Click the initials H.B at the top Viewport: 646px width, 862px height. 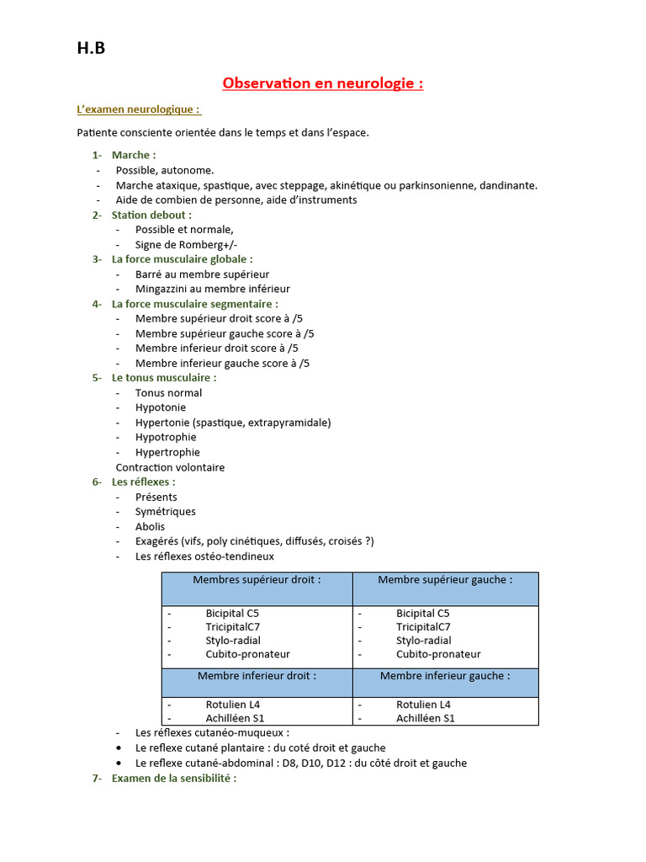coord(91,49)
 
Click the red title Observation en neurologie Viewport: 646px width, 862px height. coord(322,83)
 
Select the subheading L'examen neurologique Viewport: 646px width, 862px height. coord(138,110)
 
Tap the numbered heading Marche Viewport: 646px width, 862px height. coord(133,155)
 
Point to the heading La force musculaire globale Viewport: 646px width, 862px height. coord(182,259)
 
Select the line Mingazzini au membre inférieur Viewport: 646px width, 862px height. coord(212,289)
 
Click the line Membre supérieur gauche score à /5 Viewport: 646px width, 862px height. coord(225,333)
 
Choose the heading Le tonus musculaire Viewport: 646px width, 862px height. coord(163,378)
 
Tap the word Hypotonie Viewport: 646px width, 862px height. coord(161,407)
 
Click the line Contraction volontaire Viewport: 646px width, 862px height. coord(170,467)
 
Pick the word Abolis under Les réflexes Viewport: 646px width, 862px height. coord(150,527)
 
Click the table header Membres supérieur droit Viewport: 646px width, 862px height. coord(257,580)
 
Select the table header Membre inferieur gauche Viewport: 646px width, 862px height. coord(445,676)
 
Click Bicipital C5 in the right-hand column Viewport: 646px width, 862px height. coord(423,614)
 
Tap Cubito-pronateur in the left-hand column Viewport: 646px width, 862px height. coord(247,654)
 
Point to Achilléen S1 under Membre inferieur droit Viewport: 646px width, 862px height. coord(235,718)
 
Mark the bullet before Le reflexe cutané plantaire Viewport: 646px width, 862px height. coord(119,748)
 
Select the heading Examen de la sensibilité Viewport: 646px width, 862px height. coord(173,779)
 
